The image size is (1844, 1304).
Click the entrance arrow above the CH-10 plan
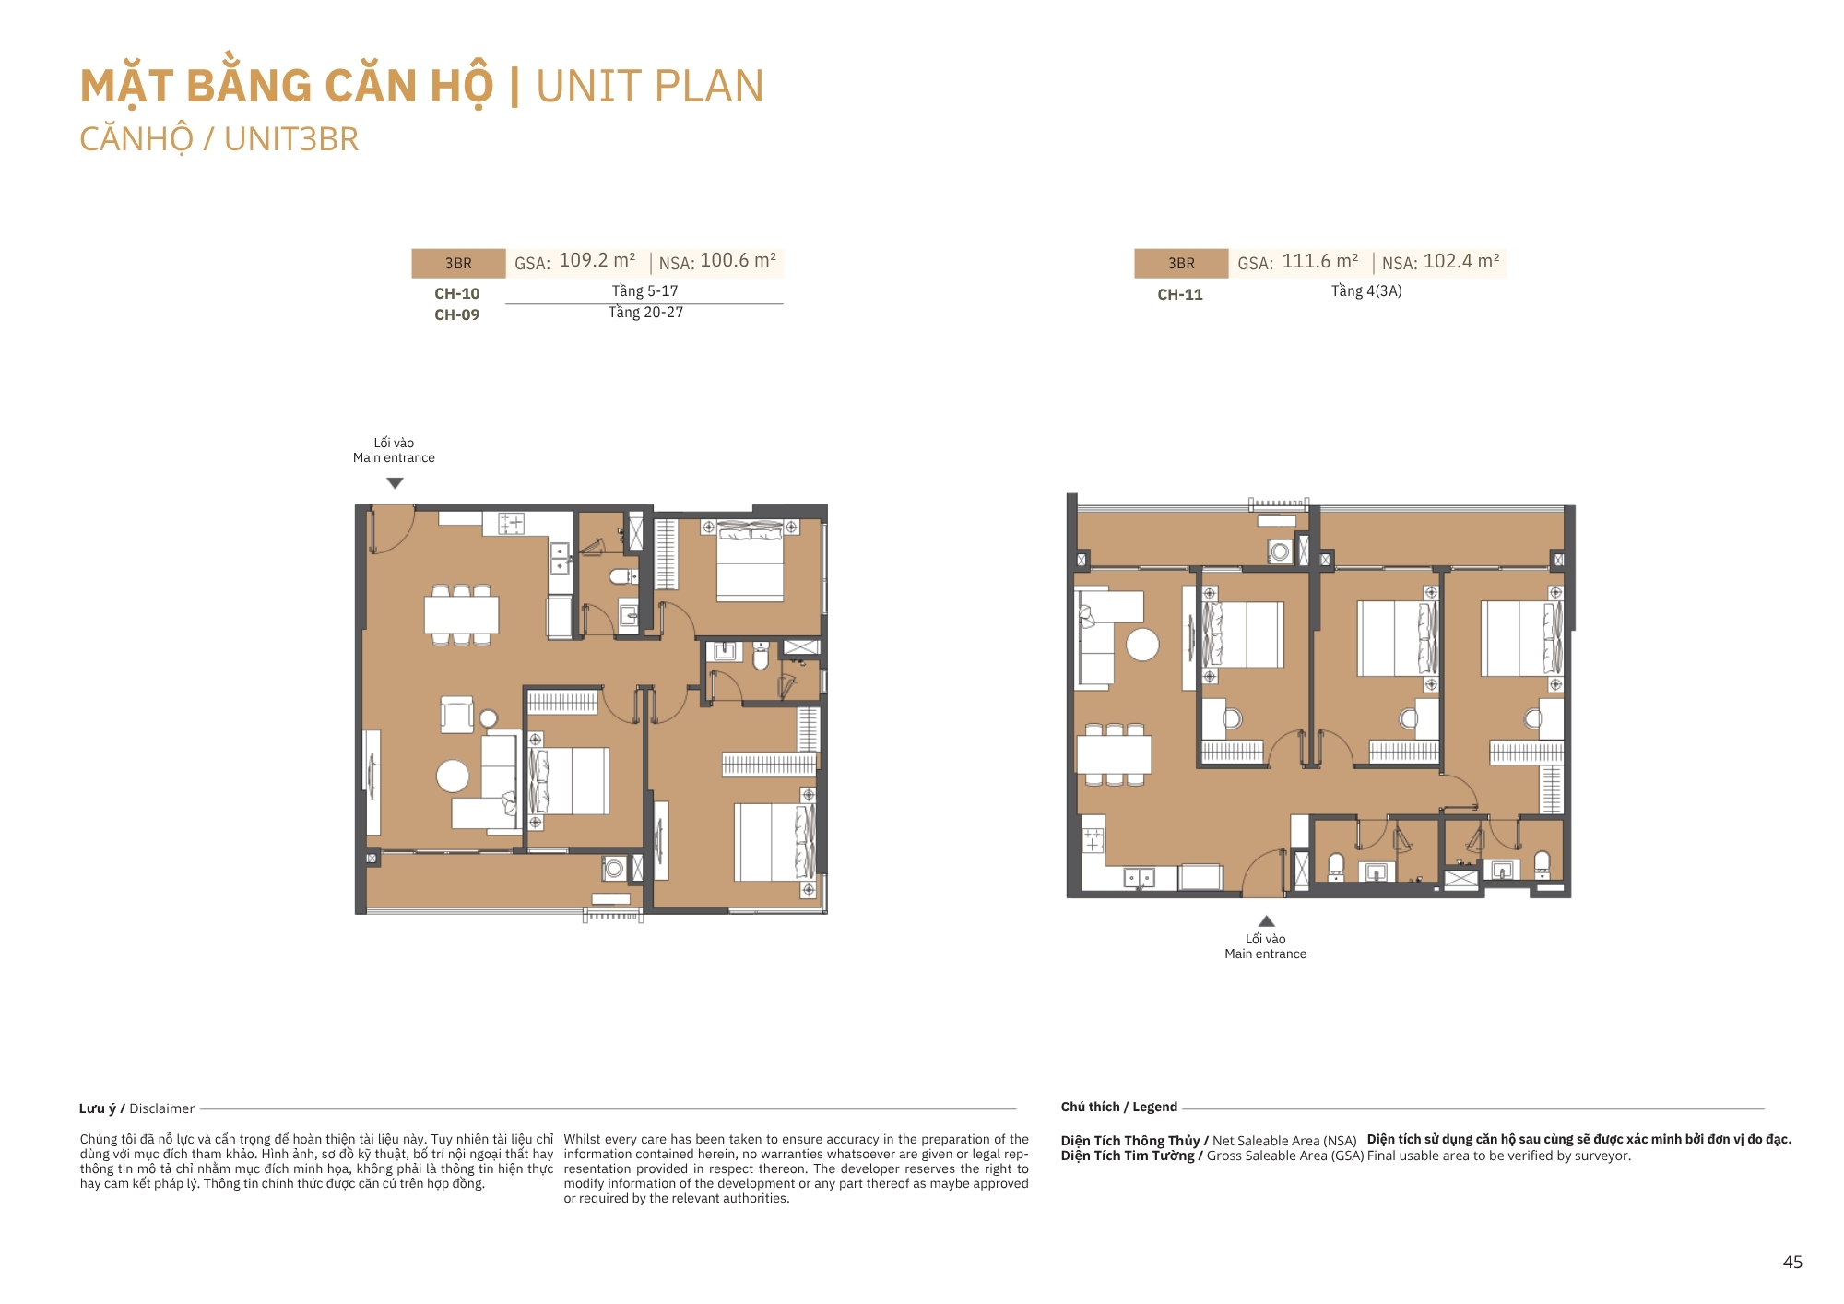(x=395, y=482)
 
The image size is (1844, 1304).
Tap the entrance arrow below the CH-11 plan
(x=1267, y=920)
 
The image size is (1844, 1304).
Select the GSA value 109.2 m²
(x=597, y=261)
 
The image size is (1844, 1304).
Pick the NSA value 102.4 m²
(x=1461, y=262)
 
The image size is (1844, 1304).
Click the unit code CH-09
(x=457, y=314)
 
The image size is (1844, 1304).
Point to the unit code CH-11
(x=1180, y=294)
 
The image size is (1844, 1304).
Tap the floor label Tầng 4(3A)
(x=1366, y=291)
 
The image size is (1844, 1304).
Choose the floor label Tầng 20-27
(x=645, y=313)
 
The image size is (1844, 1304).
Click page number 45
(x=1792, y=1263)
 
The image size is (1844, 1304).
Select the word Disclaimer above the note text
(x=161, y=1108)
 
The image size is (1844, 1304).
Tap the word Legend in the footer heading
(x=1154, y=1107)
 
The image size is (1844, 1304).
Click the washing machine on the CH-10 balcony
(x=614, y=869)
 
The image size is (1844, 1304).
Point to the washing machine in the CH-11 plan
(x=1280, y=551)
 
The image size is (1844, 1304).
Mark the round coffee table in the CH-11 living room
(x=1142, y=645)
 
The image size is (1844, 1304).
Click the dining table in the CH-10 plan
(x=461, y=614)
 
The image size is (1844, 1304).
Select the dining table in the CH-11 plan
(x=1114, y=754)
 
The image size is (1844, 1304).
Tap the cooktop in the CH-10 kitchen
(x=511, y=524)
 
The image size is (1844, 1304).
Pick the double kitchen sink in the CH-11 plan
(x=1140, y=877)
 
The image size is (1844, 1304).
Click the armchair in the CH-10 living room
(x=456, y=715)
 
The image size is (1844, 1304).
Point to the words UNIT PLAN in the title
(x=650, y=87)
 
